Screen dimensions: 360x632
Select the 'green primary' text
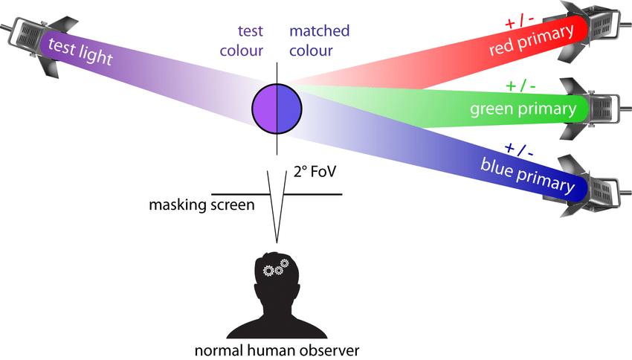click(x=523, y=110)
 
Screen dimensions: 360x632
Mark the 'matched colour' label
click(x=319, y=41)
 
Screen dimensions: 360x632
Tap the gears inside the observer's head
click(x=276, y=267)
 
